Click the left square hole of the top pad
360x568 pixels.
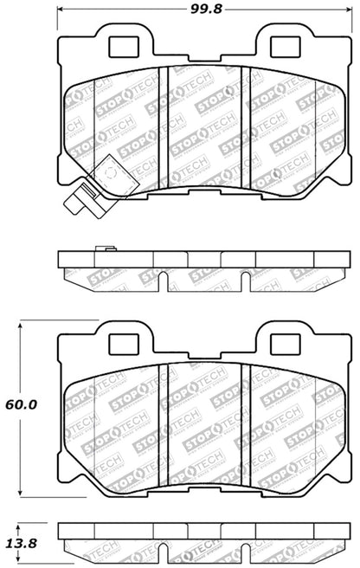click(119, 43)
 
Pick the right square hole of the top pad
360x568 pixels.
click(283, 43)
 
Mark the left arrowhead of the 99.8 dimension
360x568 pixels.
click(62, 11)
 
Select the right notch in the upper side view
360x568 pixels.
click(246, 279)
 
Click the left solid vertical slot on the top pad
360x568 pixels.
click(164, 118)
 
